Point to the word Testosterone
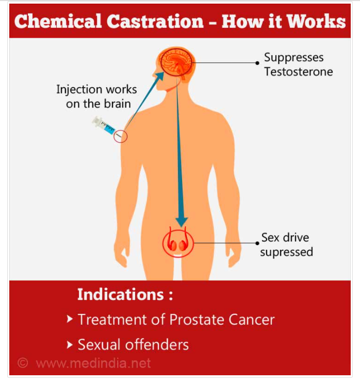[x=299, y=72]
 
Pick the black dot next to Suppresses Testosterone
[x=257, y=63]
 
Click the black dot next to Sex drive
[x=257, y=243]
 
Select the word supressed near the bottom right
[x=286, y=252]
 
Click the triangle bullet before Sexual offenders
[x=70, y=344]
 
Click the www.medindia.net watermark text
[x=93, y=363]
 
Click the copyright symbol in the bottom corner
[x=22, y=363]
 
